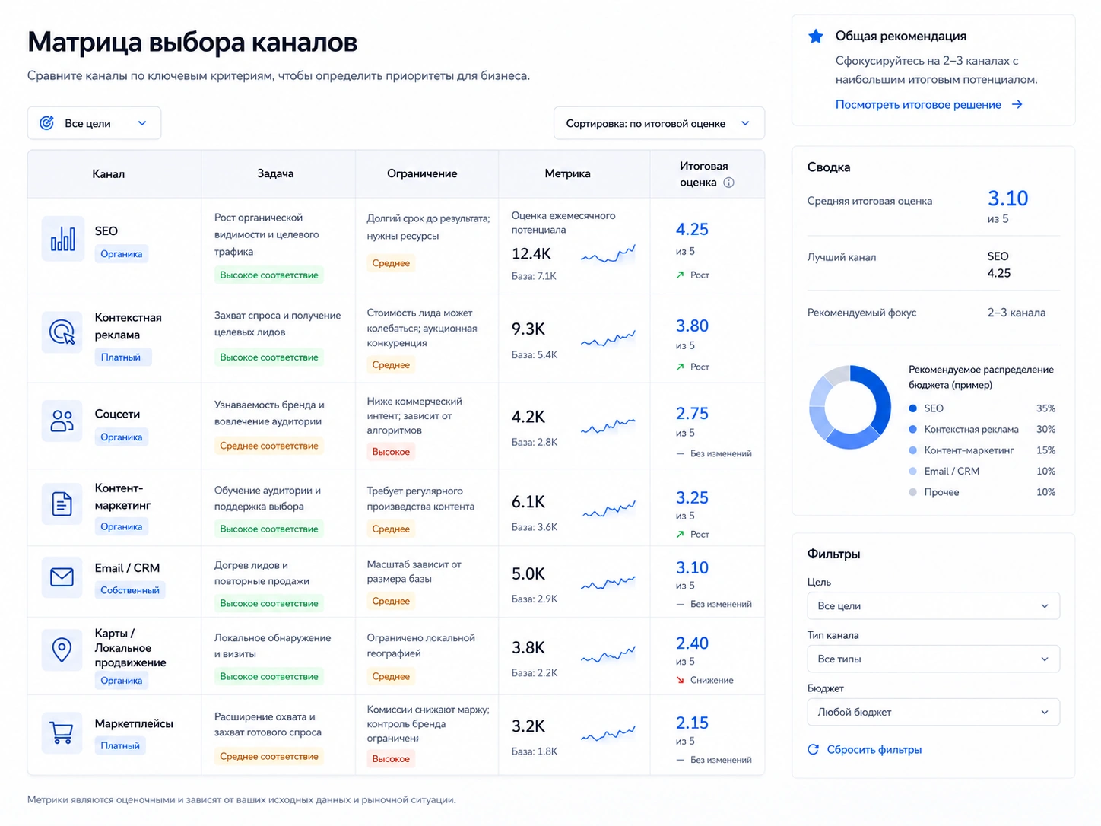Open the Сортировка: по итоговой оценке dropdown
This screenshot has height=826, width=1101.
pos(658,123)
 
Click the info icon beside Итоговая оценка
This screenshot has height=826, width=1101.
pos(729,183)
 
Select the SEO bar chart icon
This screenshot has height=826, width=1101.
pos(62,239)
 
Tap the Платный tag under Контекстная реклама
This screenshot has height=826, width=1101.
pos(121,357)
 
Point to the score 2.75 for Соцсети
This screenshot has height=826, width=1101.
pos(692,413)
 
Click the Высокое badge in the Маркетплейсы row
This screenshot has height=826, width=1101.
pos(391,759)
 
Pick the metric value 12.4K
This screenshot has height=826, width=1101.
pos(531,254)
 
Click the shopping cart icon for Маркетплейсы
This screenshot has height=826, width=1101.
pos(62,732)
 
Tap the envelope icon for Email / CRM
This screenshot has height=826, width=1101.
pos(62,577)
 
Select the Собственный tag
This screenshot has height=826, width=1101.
pos(130,590)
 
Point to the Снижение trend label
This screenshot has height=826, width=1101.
pos(712,680)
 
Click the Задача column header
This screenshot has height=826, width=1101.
pos(275,173)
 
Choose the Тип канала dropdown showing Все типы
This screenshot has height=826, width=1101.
pos(934,659)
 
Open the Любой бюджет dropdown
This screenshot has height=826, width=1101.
pos(934,712)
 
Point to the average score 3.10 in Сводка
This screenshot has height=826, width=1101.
pos(1007,199)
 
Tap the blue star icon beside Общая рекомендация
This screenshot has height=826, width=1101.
pos(816,36)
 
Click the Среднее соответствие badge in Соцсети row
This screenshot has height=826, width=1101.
pos(269,446)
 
